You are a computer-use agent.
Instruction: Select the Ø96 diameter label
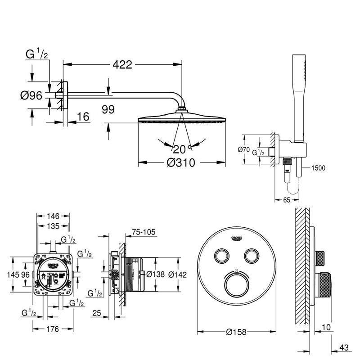click(x=31, y=95)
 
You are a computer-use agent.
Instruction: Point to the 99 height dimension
click(x=108, y=109)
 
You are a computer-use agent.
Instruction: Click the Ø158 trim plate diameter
click(x=237, y=333)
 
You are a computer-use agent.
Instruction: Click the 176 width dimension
click(x=53, y=329)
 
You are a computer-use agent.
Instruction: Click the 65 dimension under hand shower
click(x=286, y=200)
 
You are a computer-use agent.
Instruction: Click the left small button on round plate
click(x=221, y=256)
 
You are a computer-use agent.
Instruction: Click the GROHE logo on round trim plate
click(x=237, y=238)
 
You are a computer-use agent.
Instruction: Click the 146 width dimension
click(x=53, y=216)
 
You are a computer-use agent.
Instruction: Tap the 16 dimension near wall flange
click(x=82, y=117)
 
